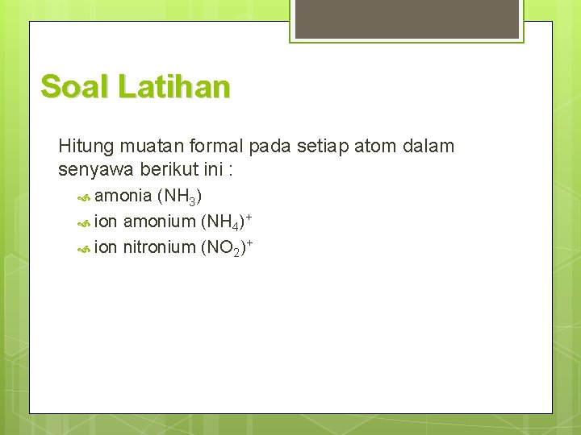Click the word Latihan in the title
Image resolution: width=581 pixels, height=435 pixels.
click(173, 86)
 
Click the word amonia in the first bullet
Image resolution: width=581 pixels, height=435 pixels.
click(123, 195)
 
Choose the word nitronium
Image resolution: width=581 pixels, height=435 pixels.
click(159, 246)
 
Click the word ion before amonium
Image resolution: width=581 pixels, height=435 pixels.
click(106, 221)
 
